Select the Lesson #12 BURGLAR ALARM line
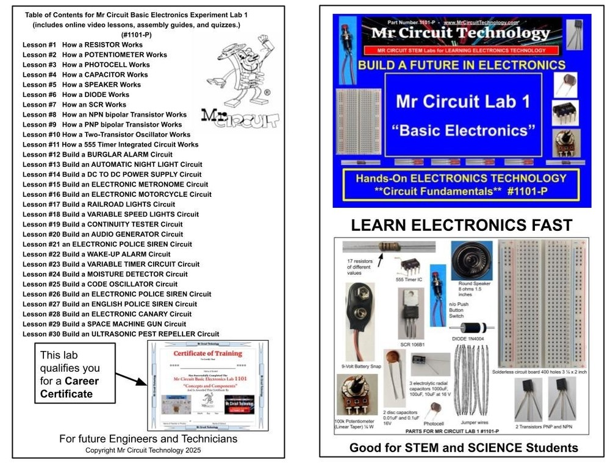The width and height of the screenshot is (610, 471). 98,155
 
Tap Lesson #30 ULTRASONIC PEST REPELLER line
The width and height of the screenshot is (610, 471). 121,334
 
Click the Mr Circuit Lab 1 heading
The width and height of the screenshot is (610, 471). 463,101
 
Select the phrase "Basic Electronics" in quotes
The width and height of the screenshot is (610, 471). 463,130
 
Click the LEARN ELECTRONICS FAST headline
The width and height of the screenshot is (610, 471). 462,226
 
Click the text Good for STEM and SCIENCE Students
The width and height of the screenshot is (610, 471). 464,448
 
